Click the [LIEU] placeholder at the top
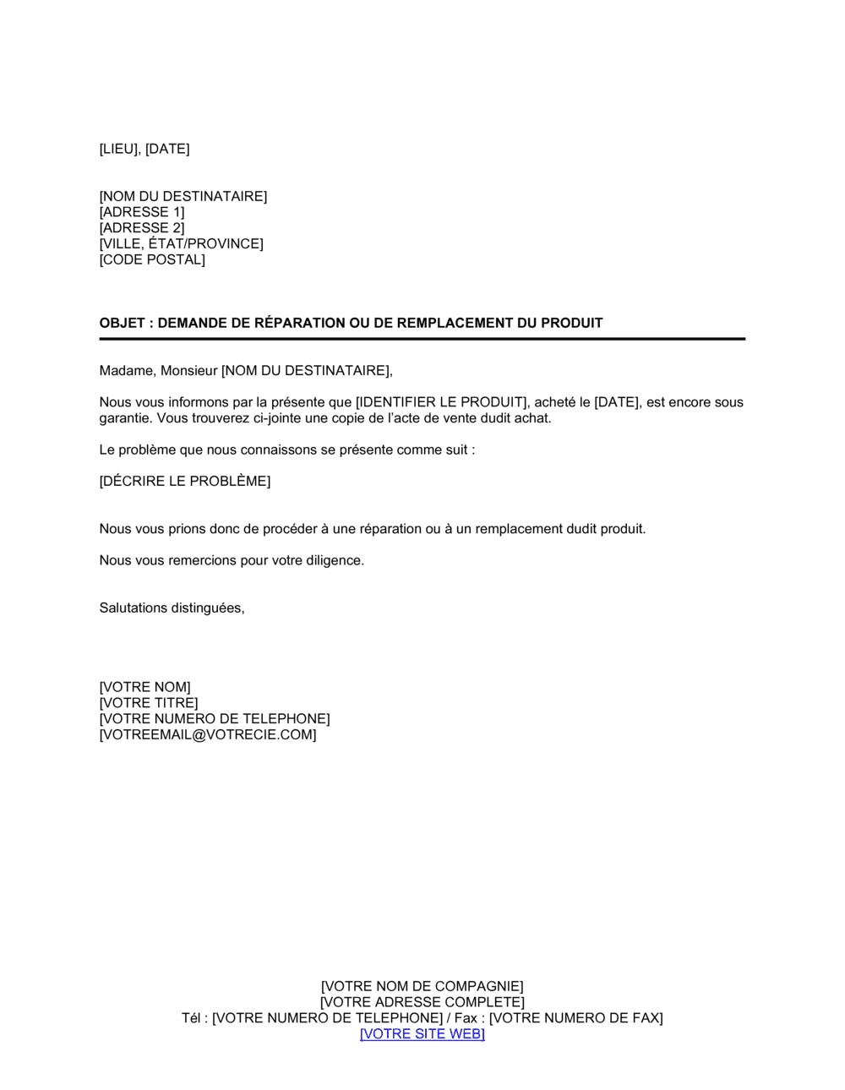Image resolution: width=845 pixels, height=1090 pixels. (119, 150)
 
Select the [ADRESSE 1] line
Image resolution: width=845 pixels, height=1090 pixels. (142, 212)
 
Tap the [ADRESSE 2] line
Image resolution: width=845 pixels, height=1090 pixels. (142, 228)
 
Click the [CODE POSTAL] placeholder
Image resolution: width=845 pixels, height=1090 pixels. (152, 259)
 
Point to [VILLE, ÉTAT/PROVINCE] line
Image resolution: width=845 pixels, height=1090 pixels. (182, 244)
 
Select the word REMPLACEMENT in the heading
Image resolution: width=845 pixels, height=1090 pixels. (455, 323)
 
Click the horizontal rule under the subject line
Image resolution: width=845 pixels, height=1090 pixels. (422, 339)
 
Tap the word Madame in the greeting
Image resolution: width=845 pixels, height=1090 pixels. (127, 371)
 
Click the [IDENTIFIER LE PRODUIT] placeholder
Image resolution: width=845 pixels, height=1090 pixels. (441, 402)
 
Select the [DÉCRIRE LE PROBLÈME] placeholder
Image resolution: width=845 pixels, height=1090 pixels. (185, 482)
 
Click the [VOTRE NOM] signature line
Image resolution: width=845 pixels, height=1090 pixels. (145, 688)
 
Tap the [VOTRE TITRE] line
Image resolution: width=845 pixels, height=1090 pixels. (149, 703)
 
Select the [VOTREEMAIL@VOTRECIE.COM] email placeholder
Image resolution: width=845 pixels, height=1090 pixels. (208, 735)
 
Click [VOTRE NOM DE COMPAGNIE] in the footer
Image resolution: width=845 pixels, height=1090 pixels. (422, 987)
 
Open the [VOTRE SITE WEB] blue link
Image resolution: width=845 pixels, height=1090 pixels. (422, 1034)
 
